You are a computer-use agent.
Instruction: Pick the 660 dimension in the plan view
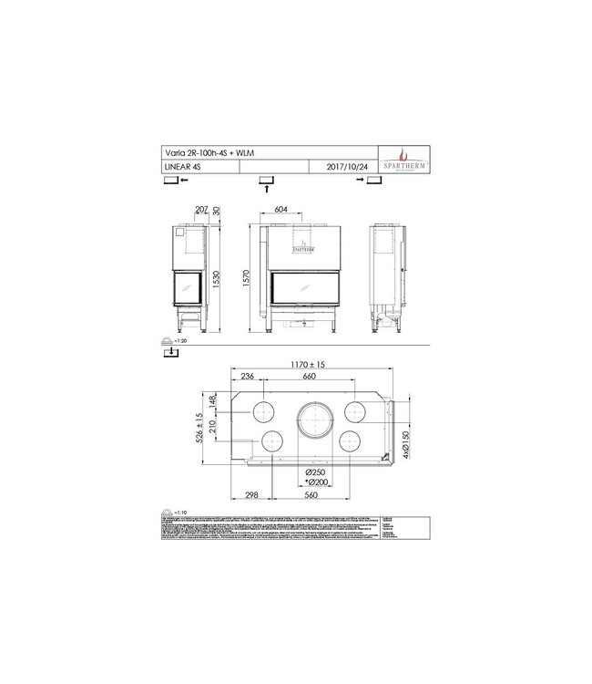(x=309, y=378)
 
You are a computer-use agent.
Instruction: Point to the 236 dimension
(x=246, y=378)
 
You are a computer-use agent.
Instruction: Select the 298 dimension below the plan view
(x=252, y=495)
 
